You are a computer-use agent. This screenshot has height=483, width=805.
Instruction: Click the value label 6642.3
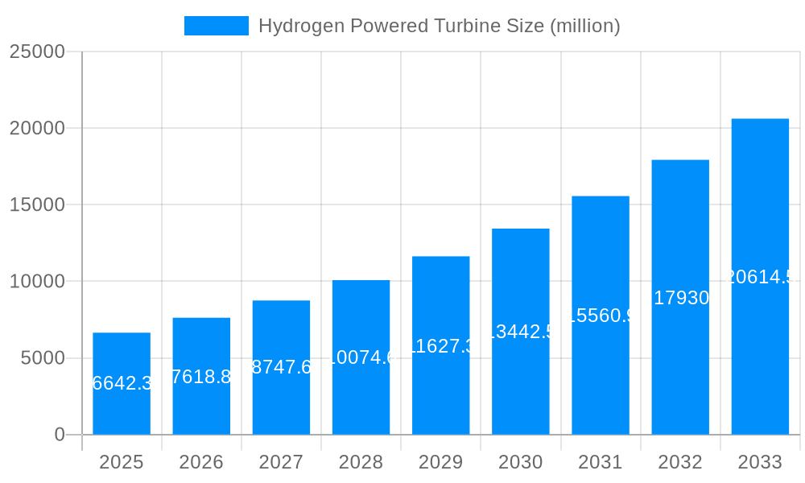click(x=122, y=383)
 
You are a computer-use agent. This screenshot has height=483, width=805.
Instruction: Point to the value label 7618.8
click(x=201, y=376)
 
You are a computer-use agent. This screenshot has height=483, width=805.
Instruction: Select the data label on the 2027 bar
click(x=281, y=367)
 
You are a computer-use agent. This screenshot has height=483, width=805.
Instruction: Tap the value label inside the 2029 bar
click(x=440, y=346)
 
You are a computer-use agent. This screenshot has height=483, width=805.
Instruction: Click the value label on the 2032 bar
click(x=680, y=298)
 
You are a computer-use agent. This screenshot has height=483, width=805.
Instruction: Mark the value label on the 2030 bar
click(x=520, y=332)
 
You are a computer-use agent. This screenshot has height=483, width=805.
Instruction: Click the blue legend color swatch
click(x=217, y=26)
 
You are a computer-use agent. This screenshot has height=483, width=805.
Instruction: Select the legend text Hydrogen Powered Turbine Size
click(x=439, y=26)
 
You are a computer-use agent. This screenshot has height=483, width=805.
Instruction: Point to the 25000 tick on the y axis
click(x=37, y=52)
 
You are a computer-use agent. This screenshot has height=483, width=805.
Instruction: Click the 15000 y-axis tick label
click(x=37, y=204)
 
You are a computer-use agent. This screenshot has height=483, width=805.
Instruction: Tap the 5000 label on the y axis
click(x=42, y=358)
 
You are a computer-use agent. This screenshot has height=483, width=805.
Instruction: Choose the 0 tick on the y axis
click(x=60, y=435)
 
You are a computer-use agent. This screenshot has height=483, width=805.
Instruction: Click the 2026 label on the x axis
click(x=201, y=462)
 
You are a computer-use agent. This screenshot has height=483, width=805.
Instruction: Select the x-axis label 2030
click(x=520, y=462)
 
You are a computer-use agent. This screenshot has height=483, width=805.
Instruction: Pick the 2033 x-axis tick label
click(x=760, y=462)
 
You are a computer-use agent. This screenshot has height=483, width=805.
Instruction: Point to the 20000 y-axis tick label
click(x=37, y=128)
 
